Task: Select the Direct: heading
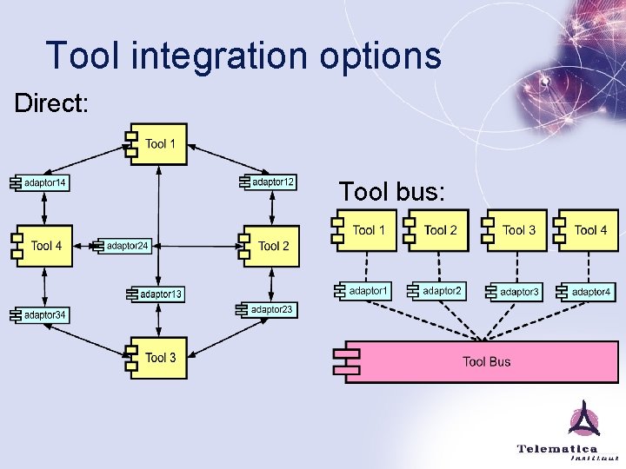coord(51,102)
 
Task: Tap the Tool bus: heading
coord(392,191)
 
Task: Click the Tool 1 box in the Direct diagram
coord(156,144)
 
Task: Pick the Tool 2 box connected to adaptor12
coord(270,246)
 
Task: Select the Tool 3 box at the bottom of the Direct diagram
coord(156,357)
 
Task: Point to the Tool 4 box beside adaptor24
coord(42,246)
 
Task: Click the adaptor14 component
coord(41,183)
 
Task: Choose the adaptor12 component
coord(270,182)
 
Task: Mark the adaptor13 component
coord(156,294)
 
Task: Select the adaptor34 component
coord(41,314)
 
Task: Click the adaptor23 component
coord(269,309)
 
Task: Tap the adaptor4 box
coord(588,292)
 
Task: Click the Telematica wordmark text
coord(557,448)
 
